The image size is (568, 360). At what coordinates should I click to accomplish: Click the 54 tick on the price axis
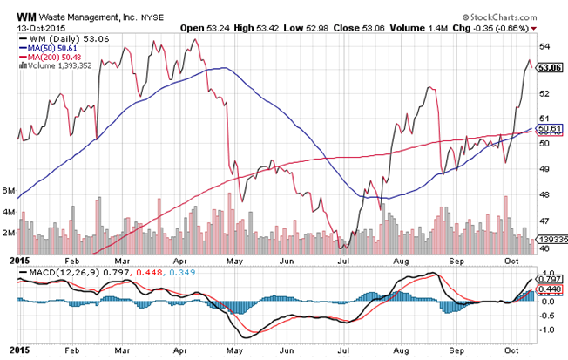tap(544, 46)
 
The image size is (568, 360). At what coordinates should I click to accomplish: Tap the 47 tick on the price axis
tap(544, 222)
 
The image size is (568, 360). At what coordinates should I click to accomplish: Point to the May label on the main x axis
tap(233, 260)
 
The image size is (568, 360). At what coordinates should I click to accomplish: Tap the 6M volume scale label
tap(10, 190)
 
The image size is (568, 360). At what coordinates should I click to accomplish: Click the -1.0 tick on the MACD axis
tap(547, 330)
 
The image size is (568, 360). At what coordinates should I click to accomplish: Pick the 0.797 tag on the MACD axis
tap(551, 279)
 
